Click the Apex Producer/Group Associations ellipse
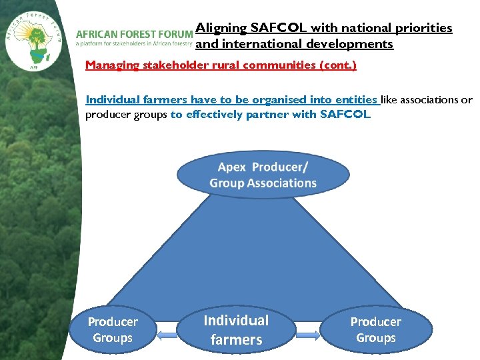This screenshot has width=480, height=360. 263,175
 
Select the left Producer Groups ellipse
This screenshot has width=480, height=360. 113,330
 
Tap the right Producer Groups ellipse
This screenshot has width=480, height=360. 376,330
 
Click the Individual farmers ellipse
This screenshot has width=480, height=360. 236,330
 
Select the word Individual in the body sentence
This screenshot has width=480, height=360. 113,100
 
